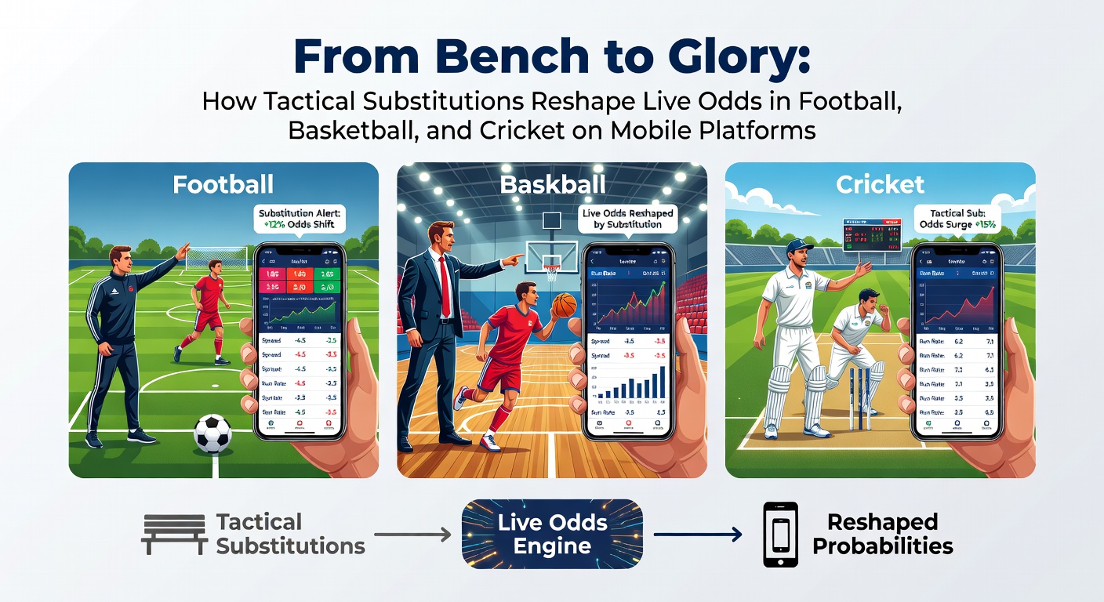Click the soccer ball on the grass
click(212, 433)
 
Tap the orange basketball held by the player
click(564, 305)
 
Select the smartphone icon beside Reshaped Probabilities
click(780, 535)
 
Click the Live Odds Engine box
click(552, 534)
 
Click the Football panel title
click(223, 184)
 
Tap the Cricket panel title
click(880, 184)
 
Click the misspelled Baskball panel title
click(552, 184)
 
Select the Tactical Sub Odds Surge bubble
click(954, 219)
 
